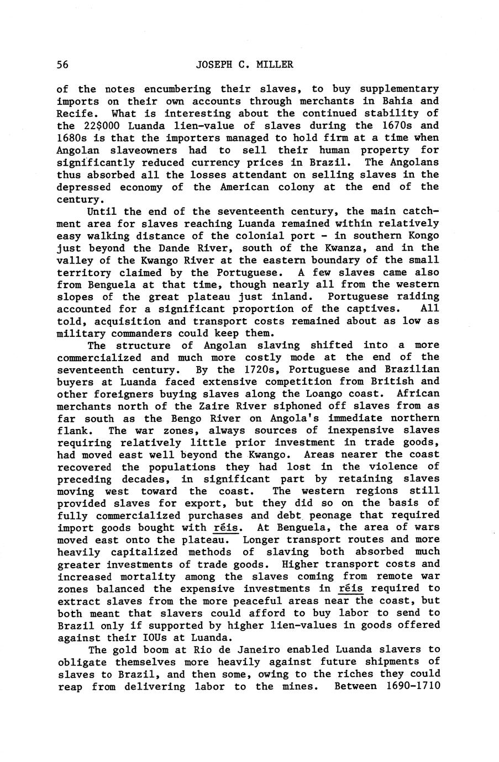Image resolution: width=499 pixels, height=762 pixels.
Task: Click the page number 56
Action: (x=62, y=65)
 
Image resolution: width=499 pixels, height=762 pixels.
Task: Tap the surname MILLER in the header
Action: (x=274, y=65)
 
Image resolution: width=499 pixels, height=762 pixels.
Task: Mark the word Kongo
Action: (x=424, y=236)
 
